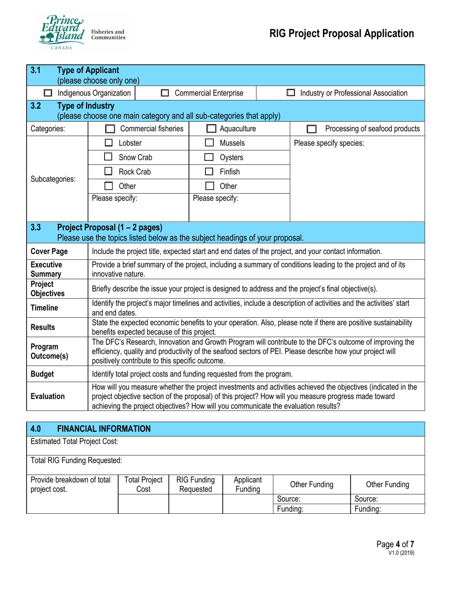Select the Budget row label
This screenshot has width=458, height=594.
[x=42, y=373]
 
